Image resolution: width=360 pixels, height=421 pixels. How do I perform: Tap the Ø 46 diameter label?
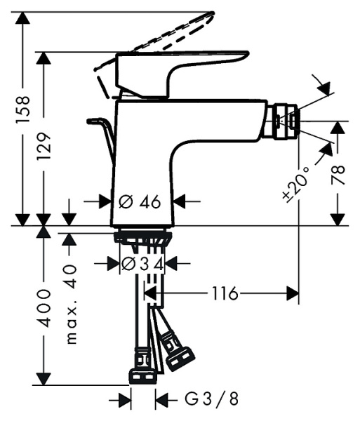140,201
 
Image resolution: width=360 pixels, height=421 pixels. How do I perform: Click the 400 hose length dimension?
44,306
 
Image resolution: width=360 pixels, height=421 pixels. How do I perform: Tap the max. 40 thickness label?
71,304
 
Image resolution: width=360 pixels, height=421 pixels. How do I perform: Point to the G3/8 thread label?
211,400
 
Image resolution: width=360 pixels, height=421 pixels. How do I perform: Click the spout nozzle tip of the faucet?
288,121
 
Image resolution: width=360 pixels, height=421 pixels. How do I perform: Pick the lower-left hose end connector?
141,369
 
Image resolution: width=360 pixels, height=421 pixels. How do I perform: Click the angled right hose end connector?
178,351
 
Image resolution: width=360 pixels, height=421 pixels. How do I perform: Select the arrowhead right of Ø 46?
180,201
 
